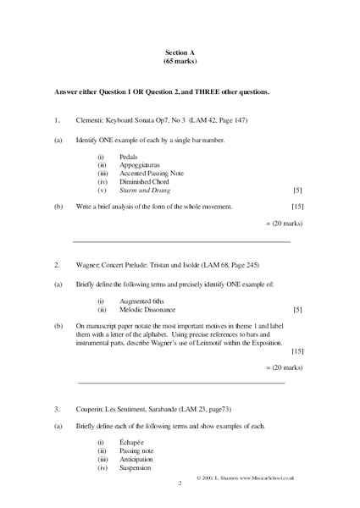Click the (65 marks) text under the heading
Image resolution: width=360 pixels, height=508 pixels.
pos(180,62)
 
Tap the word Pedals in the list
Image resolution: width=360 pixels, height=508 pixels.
pos(130,157)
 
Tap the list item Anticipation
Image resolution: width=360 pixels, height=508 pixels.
pos(138,459)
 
